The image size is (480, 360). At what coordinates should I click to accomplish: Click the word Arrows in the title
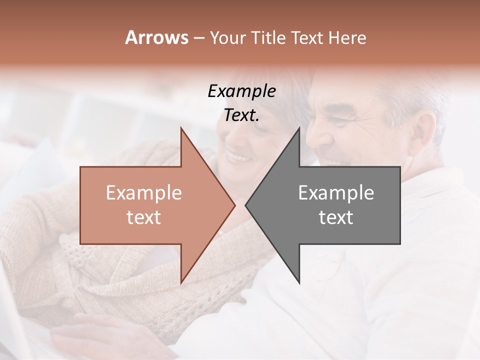coord(156,37)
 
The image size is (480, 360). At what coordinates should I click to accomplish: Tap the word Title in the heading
coord(267,37)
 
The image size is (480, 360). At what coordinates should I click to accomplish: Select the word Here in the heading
coord(347,37)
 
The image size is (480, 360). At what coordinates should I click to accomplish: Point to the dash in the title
coord(198,38)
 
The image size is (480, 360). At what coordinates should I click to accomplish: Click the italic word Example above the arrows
coord(241,91)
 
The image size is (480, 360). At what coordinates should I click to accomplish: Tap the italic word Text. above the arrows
coord(241,115)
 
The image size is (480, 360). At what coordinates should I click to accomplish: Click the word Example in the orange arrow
coord(144,192)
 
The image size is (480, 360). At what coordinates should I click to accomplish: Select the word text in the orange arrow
coord(144,217)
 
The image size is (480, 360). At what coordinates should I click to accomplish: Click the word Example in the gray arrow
coord(336,192)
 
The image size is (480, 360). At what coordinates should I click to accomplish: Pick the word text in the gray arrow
coord(336,217)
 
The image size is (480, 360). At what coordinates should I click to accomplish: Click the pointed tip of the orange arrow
coord(235,205)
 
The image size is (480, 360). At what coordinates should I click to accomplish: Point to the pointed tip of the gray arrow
coord(245,205)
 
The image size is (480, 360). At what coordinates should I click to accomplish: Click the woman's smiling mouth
coord(238,157)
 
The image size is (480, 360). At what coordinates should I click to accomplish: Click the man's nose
coord(314,140)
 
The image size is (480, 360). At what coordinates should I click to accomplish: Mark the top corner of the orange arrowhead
coord(181,128)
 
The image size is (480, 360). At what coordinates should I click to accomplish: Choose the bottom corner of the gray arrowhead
coord(299,283)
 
